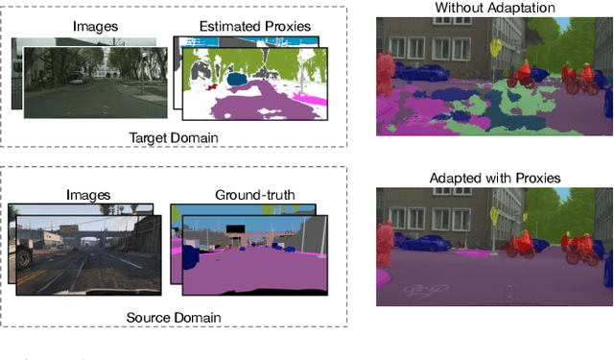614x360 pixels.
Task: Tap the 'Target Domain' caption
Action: [x=174, y=137]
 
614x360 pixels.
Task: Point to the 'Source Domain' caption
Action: [x=174, y=318]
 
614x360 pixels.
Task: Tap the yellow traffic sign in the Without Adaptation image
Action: [x=496, y=45]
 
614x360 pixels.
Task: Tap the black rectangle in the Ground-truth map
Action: [x=234, y=228]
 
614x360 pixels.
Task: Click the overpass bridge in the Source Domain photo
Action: [x=91, y=238]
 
